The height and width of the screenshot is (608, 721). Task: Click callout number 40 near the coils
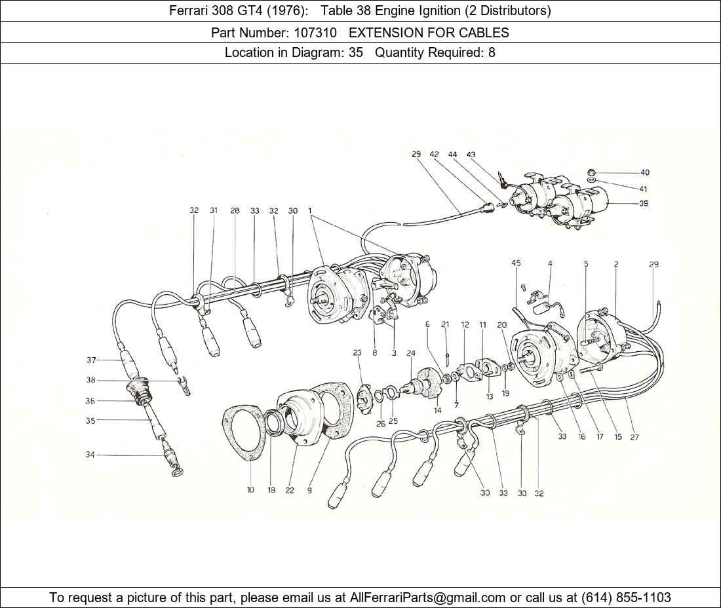645,172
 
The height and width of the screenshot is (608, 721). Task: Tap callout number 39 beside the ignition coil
643,203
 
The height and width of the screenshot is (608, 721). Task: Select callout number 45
516,263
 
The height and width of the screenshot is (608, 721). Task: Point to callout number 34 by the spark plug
90,455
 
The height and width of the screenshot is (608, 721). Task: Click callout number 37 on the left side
92,360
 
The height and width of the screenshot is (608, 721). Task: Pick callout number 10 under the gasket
250,490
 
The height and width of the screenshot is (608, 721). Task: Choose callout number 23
357,352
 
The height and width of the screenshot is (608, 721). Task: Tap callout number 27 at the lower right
634,437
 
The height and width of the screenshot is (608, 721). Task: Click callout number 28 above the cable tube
235,210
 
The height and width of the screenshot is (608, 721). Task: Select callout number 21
445,324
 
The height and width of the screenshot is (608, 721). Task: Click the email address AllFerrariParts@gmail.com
427,598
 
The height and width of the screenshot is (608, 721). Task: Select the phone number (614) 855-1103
626,598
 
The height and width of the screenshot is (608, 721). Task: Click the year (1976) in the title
288,10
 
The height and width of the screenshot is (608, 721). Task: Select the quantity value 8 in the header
492,52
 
